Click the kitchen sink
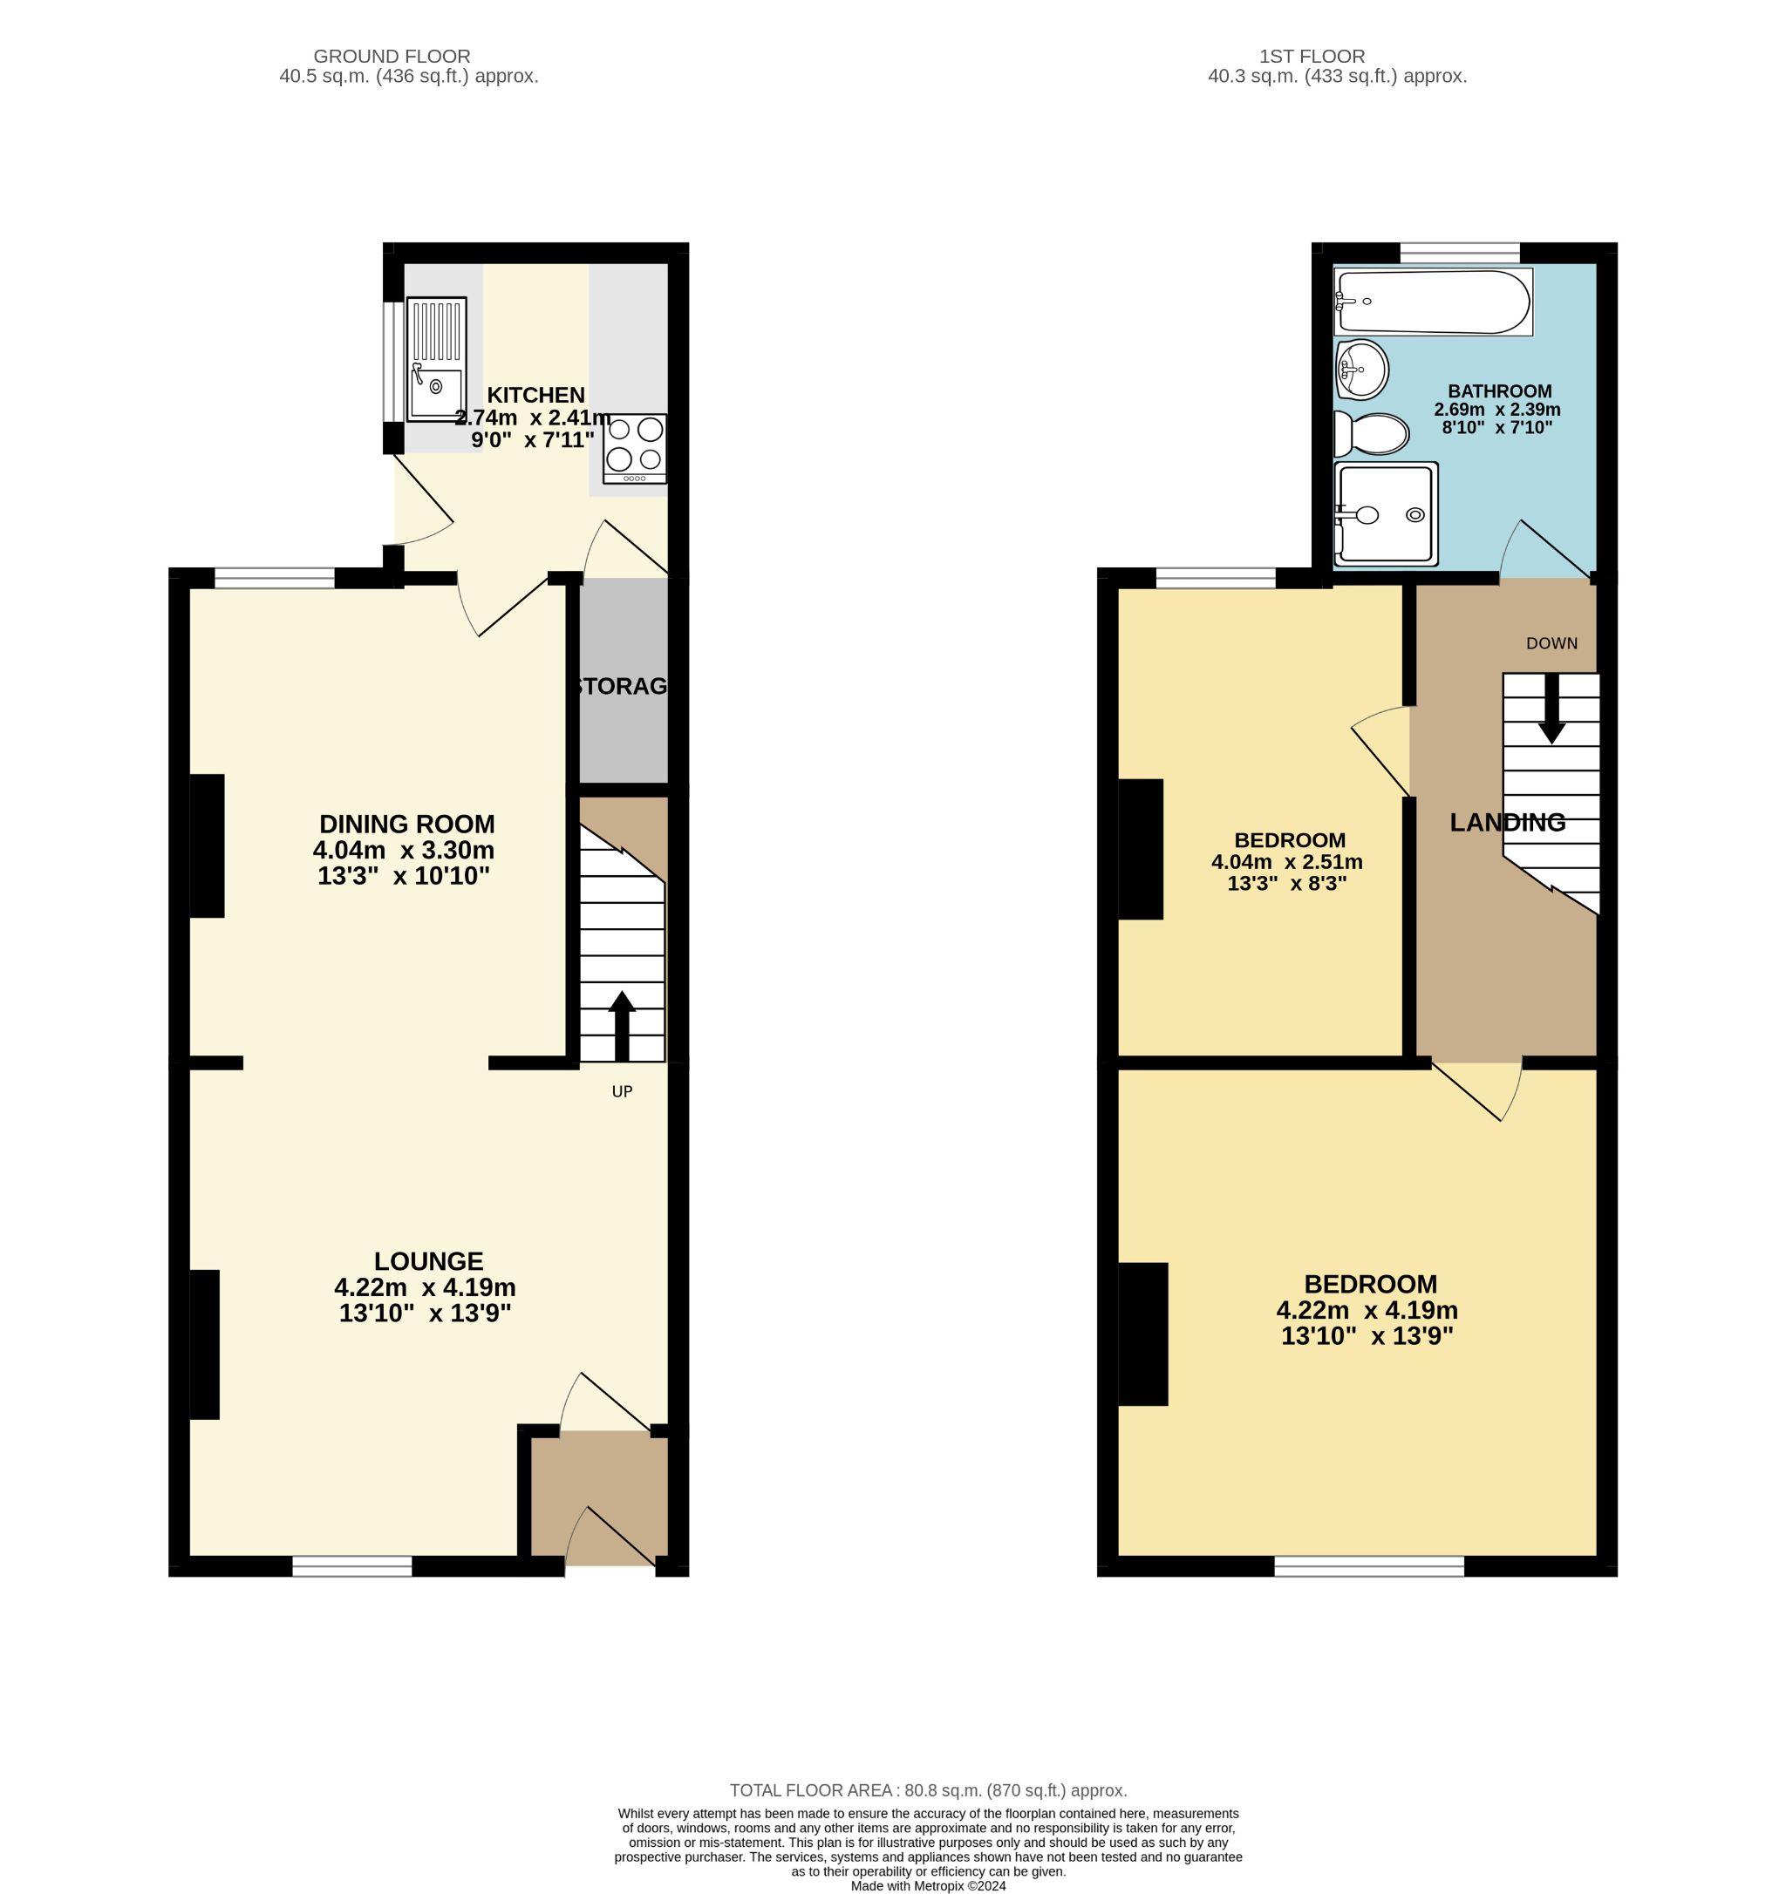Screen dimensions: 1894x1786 435,359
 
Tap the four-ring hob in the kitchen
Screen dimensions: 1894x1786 634,449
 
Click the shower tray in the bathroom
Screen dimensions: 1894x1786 1387,513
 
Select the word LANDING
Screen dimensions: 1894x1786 1507,822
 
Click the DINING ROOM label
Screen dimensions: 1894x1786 407,824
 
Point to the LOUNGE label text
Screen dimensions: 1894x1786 428,1261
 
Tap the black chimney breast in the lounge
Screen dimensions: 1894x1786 204,1344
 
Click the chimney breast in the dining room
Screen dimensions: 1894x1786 207,845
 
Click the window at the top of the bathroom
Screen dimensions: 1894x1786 1459,253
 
